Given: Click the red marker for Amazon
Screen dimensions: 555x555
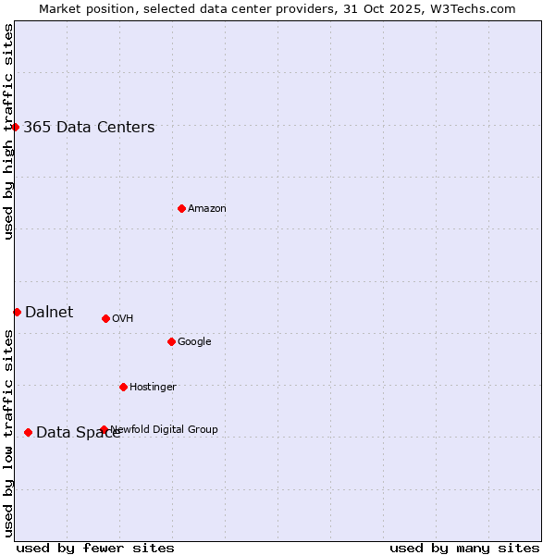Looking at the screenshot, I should point(181,208).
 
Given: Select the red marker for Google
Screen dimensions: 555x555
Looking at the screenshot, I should point(171,341).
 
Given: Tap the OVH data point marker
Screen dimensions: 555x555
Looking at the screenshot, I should point(105,318).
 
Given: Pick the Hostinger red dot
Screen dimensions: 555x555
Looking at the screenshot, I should point(123,387).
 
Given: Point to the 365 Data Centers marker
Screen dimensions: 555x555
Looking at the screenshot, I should point(16,127).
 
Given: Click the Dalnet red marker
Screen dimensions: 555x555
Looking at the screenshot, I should point(17,312).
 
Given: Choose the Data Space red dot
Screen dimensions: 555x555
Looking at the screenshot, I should point(28,432).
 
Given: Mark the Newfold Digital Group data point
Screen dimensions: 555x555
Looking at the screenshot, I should point(104,429).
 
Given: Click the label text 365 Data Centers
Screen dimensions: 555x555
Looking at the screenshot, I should point(89,128).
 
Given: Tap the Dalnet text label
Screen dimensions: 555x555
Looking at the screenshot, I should point(49,313).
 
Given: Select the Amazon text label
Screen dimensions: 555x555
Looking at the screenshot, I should point(207,209).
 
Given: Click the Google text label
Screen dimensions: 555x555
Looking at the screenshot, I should point(194,342).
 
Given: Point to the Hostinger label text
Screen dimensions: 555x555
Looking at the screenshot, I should point(153,388).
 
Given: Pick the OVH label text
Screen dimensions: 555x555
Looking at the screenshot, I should point(123,319).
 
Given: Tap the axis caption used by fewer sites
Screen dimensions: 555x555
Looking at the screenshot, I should point(95,548).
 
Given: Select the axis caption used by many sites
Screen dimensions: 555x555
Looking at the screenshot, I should point(464,548).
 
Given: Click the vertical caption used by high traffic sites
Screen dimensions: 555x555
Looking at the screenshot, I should point(9,131).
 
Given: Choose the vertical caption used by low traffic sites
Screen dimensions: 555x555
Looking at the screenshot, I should point(9,433).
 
